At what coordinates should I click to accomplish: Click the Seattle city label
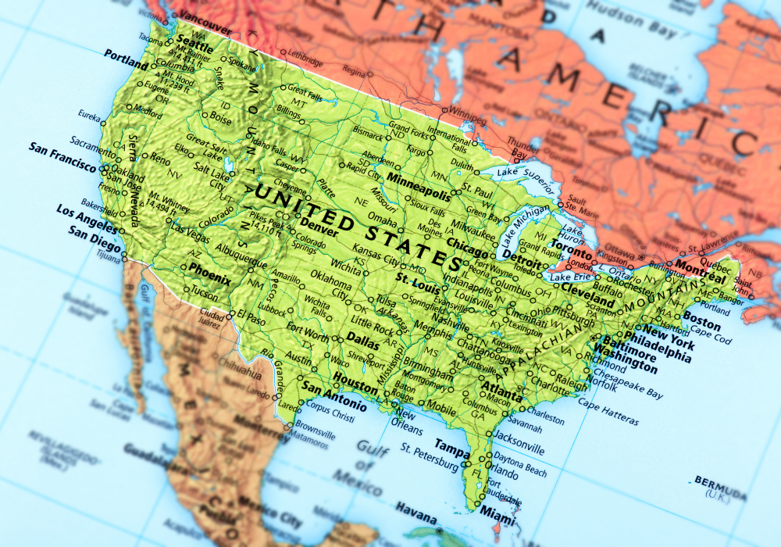coord(195,41)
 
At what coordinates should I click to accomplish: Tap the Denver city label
coord(318,230)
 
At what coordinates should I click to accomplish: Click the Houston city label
coord(355,379)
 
